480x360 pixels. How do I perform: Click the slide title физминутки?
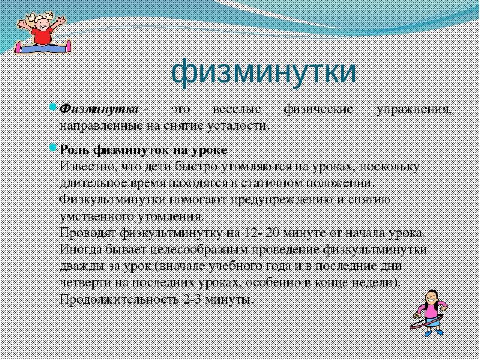coord(263,71)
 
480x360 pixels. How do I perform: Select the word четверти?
coord(83,282)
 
